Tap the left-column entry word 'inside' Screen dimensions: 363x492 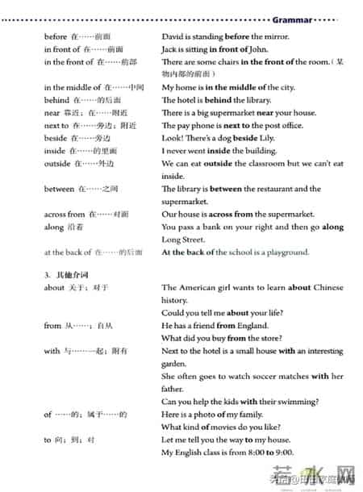54,151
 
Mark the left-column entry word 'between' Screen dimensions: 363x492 58,189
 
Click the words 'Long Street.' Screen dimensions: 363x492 182,240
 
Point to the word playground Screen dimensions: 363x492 287,252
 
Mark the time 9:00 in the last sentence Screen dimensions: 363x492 283,452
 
